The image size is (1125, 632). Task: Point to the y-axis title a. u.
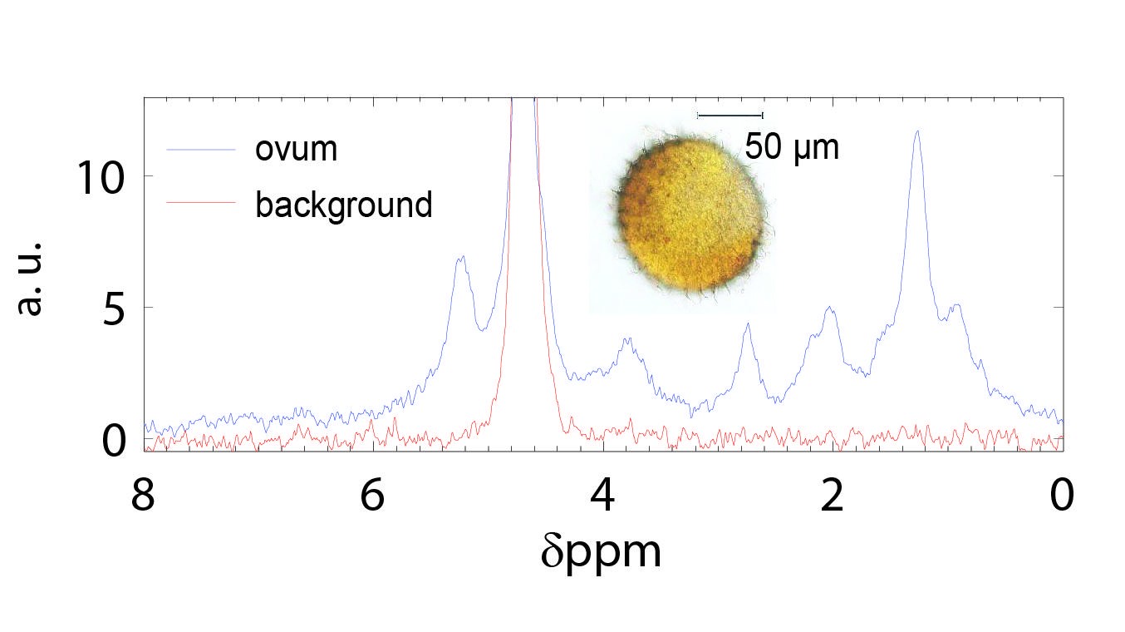point(30,279)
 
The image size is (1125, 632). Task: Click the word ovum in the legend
point(296,150)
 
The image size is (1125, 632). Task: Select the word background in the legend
point(343,204)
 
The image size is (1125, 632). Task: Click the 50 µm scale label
point(791,148)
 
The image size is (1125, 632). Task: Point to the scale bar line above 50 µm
point(730,115)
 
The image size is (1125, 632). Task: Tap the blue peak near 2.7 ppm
point(748,325)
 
